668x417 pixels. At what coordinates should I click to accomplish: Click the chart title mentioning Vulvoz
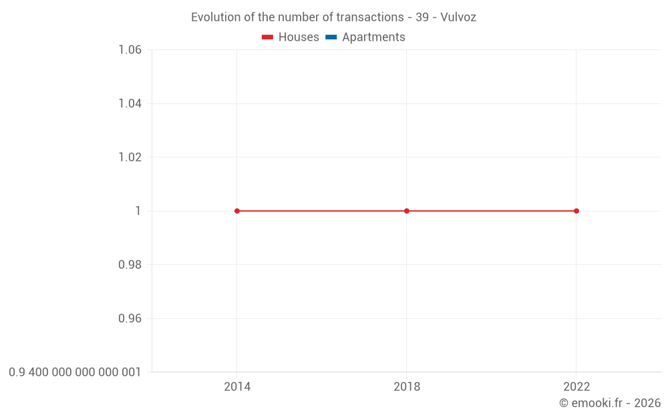333,17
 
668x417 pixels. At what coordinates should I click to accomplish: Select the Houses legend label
299,37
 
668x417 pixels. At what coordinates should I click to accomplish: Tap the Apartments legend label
373,37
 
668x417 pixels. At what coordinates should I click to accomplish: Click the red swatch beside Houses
268,37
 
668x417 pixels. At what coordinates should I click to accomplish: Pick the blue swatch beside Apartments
331,37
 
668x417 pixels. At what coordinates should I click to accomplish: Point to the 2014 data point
237,211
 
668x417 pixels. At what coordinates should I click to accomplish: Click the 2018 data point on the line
407,211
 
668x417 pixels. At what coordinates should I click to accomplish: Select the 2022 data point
576,211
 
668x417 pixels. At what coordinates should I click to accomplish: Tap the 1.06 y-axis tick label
130,50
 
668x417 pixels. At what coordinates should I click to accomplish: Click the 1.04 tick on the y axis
130,103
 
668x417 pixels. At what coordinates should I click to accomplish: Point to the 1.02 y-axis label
130,157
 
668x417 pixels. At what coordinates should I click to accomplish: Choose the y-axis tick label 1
138,211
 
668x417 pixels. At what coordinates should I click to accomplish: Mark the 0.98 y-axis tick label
130,265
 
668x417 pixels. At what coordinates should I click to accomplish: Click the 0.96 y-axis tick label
130,318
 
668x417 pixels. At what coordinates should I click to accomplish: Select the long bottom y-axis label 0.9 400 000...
75,372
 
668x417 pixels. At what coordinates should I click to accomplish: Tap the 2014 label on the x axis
237,387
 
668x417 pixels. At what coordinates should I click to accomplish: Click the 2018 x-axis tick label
407,387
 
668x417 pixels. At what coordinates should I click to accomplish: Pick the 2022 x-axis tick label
576,387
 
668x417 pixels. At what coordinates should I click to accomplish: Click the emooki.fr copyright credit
609,403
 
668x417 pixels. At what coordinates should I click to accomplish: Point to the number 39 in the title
422,17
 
